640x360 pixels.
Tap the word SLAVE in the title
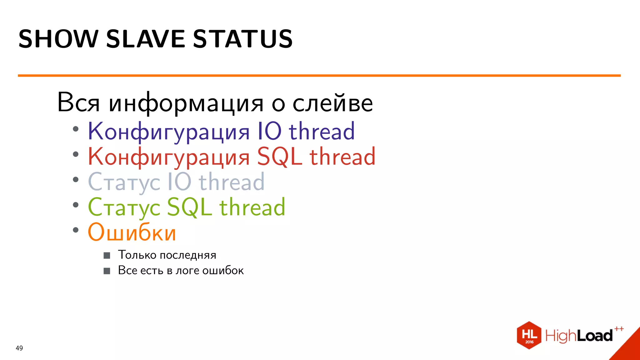pos(146,39)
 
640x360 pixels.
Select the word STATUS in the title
pos(243,39)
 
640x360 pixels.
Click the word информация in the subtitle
pos(186,103)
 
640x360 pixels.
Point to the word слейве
pos(332,103)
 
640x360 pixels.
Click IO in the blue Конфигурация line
pos(269,131)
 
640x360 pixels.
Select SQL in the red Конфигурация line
pos(280,157)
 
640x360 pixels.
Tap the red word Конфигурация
pos(169,157)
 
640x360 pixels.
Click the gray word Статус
pos(124,182)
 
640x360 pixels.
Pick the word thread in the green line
pos(252,207)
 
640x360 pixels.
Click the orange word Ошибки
pos(132,232)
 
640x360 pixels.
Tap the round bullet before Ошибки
pos(76,230)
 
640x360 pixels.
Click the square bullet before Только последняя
pos(107,256)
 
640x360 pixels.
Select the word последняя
pos(188,255)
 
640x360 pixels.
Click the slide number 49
pos(19,348)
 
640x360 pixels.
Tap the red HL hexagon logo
pos(529,335)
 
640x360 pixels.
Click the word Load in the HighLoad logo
pos(595,336)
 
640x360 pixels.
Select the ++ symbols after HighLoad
pos(619,329)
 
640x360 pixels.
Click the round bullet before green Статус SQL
pos(76,205)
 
